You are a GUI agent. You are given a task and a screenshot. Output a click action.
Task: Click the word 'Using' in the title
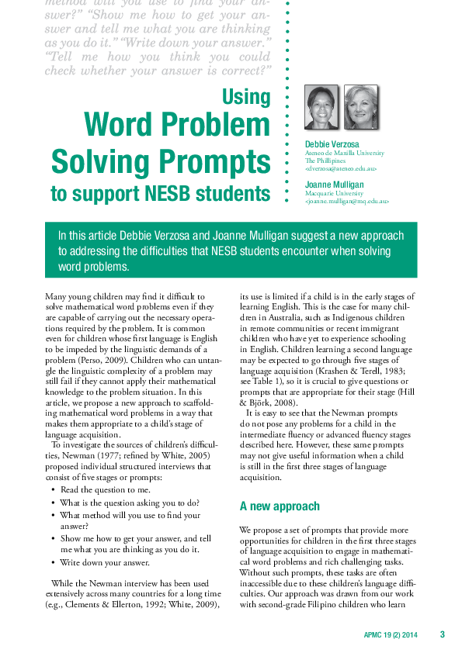coord(246,97)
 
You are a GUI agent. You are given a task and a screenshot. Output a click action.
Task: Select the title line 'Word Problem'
coord(176,126)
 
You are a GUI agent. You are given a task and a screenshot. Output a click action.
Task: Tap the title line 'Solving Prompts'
coord(161,161)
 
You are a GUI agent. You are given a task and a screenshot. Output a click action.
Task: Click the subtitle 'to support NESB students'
coord(161,193)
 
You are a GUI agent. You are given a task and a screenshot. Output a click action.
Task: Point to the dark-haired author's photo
coord(321,107)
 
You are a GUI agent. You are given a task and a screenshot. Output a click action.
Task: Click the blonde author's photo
coord(361,107)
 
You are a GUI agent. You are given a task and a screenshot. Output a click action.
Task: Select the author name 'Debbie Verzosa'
coord(332,144)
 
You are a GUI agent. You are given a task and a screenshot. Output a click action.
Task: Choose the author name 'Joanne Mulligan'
coord(334,185)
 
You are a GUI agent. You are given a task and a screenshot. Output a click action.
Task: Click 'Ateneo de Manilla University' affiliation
coord(344,153)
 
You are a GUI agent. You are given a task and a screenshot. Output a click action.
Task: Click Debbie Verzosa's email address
coord(341,168)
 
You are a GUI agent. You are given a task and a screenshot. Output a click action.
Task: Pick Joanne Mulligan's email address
coord(346,201)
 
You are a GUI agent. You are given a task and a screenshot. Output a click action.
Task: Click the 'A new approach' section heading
coord(280,506)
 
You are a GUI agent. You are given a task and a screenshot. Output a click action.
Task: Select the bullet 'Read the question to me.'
coord(106,490)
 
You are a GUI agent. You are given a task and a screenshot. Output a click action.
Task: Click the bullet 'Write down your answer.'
coord(105,562)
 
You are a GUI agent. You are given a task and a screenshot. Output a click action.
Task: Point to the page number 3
coord(442,634)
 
